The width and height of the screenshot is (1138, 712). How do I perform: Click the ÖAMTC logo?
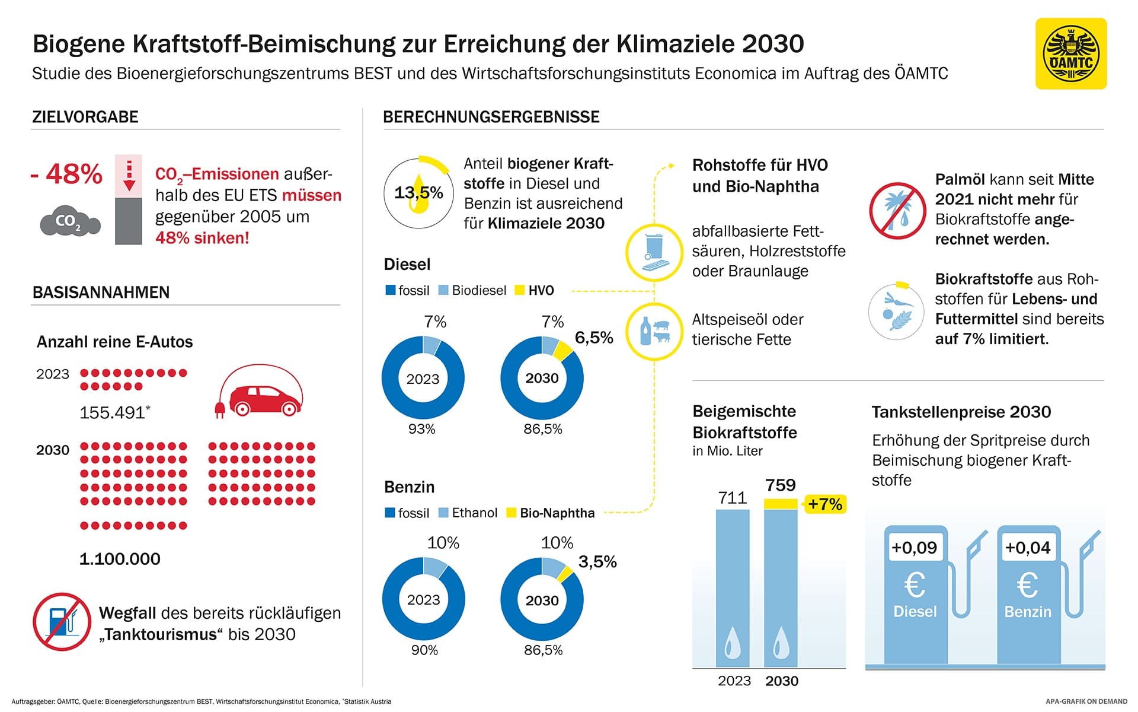pyautogui.click(x=1070, y=54)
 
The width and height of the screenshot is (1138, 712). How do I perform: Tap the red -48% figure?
pyautogui.click(x=67, y=174)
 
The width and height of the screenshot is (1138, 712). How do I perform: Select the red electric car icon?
pyautogui.click(x=258, y=394)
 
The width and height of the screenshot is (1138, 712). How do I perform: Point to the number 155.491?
pyautogui.click(x=113, y=412)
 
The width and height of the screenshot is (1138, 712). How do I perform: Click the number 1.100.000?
pyautogui.click(x=120, y=559)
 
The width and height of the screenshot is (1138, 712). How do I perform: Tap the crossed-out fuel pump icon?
pyautogui.click(x=62, y=622)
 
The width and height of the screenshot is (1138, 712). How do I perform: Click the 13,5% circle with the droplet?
pyautogui.click(x=419, y=193)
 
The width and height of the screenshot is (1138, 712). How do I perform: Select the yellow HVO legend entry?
pyautogui.click(x=535, y=290)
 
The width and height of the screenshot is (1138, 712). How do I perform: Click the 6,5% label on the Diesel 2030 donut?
pyautogui.click(x=594, y=338)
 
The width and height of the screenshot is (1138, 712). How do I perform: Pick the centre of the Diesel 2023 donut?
pyautogui.click(x=423, y=379)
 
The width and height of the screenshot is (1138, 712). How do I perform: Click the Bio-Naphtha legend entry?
pyautogui.click(x=551, y=513)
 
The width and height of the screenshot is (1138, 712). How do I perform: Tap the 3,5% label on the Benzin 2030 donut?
pyautogui.click(x=597, y=561)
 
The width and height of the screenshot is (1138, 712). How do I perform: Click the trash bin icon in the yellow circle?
pyautogui.click(x=654, y=252)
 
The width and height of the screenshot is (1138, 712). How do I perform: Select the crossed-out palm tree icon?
pyautogui.click(x=897, y=211)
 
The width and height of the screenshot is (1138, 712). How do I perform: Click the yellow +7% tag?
pyautogui.click(x=824, y=504)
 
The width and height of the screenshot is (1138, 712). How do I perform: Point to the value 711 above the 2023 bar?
pyautogui.click(x=733, y=497)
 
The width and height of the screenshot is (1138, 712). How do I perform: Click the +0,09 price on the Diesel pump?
pyautogui.click(x=915, y=547)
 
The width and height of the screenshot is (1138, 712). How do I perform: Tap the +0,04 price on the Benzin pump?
pyautogui.click(x=1028, y=547)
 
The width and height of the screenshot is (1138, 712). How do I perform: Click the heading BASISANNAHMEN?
pyautogui.click(x=101, y=292)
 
